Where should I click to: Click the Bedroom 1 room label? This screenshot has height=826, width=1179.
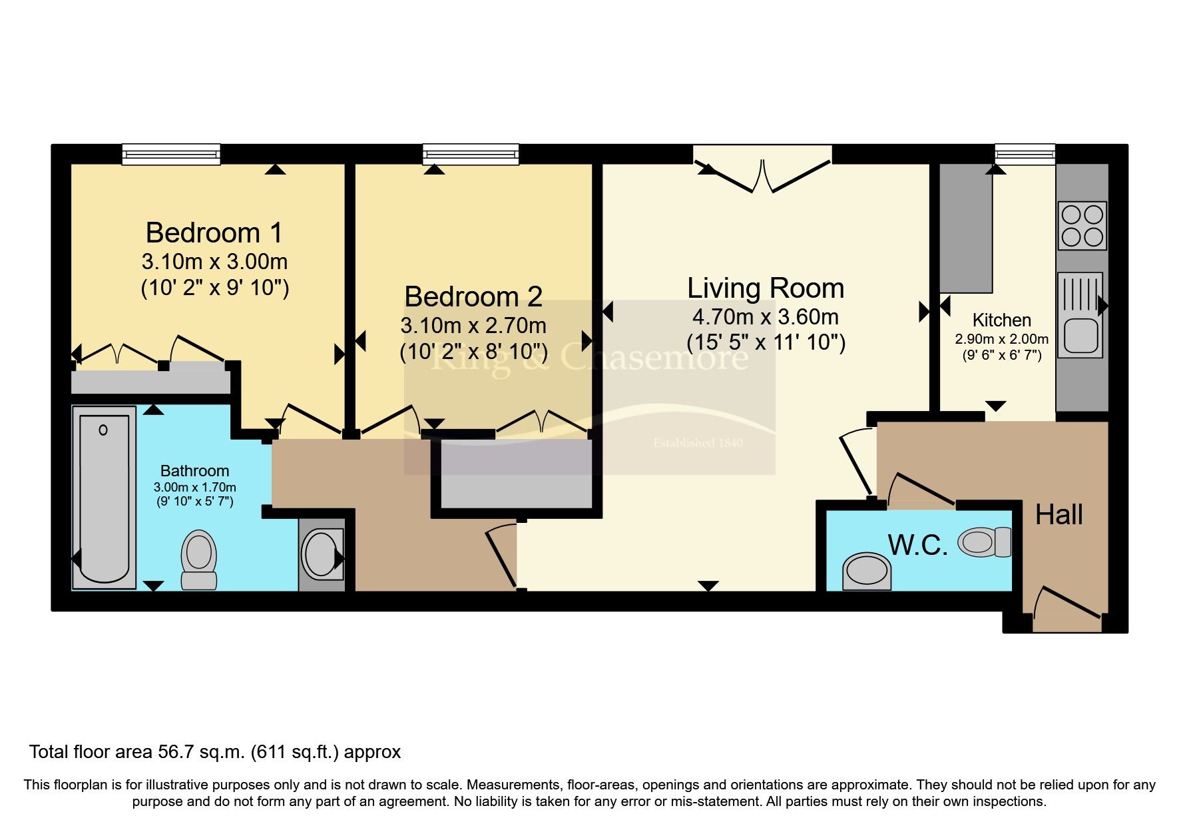(x=214, y=233)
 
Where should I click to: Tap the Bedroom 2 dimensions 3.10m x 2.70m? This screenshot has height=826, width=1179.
(x=473, y=326)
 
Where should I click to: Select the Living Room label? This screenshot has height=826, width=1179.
(x=766, y=288)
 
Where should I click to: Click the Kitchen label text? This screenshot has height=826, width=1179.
(x=1001, y=320)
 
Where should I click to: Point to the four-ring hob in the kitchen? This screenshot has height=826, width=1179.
(x=1082, y=225)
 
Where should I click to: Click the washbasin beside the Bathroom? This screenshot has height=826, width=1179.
(x=322, y=554)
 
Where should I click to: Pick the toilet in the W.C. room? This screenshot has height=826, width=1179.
(x=985, y=542)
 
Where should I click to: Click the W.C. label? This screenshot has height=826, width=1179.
(x=917, y=546)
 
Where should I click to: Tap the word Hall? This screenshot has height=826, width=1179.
(x=1059, y=515)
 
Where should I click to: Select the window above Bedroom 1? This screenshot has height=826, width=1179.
(x=171, y=155)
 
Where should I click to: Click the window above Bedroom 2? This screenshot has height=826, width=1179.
(x=471, y=155)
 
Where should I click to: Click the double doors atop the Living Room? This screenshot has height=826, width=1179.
(x=763, y=170)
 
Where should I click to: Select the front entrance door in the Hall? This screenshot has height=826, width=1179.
(x=1067, y=610)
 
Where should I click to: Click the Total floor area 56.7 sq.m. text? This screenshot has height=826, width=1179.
(x=214, y=752)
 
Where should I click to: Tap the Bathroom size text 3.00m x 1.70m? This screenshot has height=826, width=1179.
(x=194, y=487)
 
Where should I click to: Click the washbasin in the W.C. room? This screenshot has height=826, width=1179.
(x=867, y=572)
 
